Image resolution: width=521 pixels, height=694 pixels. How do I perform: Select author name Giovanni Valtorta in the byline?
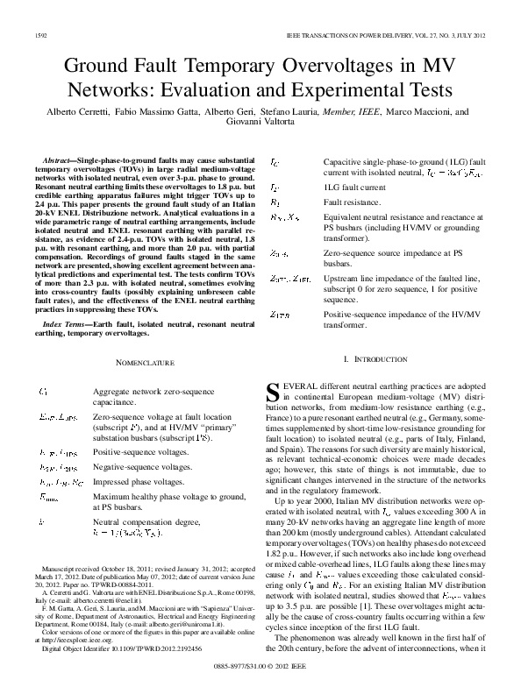(260, 122)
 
